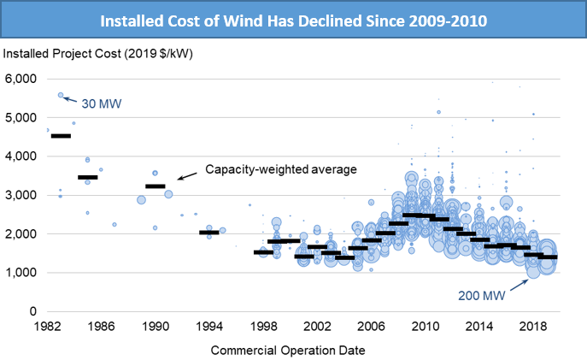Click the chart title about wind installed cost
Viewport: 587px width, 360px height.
tap(293, 19)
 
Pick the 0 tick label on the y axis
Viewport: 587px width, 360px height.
tap(31, 311)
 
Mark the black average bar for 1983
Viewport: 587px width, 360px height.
tap(61, 136)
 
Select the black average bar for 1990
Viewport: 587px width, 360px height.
tap(155, 186)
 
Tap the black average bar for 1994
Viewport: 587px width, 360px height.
tap(209, 232)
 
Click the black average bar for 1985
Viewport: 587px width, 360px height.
tap(88, 177)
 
